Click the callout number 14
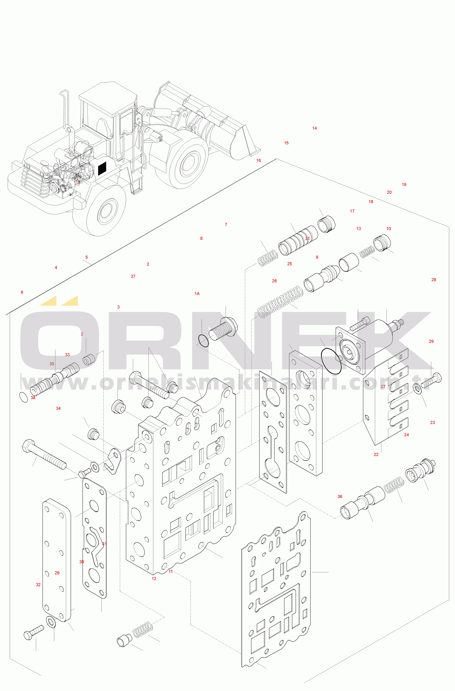tap(314, 128)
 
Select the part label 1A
tap(197, 294)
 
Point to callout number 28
tap(434, 280)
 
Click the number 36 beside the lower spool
tap(340, 497)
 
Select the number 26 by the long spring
tap(274, 281)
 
